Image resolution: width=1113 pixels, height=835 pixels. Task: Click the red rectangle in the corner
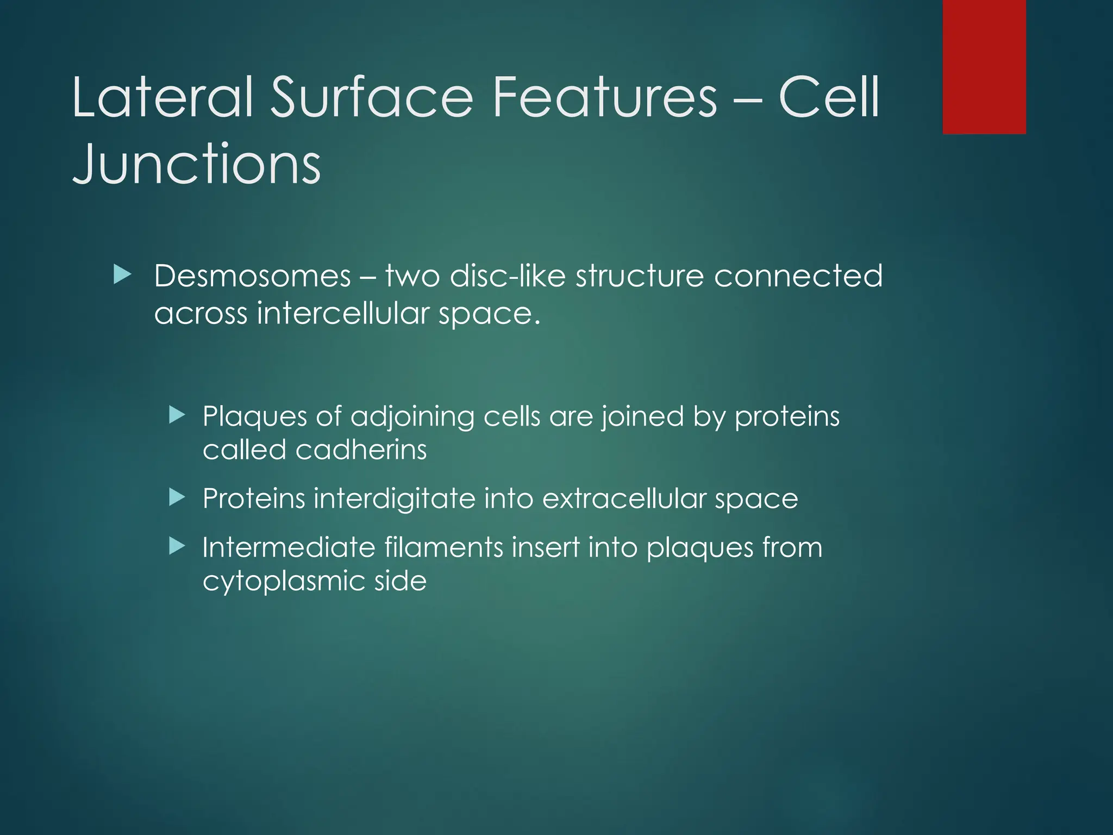click(984, 67)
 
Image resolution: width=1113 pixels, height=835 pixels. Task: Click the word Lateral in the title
click(163, 98)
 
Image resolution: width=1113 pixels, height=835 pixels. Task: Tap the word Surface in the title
click(372, 98)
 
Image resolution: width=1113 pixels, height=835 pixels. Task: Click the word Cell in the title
click(829, 98)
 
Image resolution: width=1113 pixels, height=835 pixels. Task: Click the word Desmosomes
click(253, 277)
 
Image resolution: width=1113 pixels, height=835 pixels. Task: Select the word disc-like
click(508, 277)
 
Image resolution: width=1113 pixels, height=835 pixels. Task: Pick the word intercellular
click(343, 314)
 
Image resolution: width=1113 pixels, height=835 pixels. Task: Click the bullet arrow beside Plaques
click(177, 416)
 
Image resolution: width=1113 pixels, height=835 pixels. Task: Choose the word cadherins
click(361, 450)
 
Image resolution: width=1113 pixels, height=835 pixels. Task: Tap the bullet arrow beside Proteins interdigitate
click(177, 497)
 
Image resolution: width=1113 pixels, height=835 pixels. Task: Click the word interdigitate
click(394, 499)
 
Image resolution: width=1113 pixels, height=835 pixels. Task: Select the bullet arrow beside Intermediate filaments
click(177, 546)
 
